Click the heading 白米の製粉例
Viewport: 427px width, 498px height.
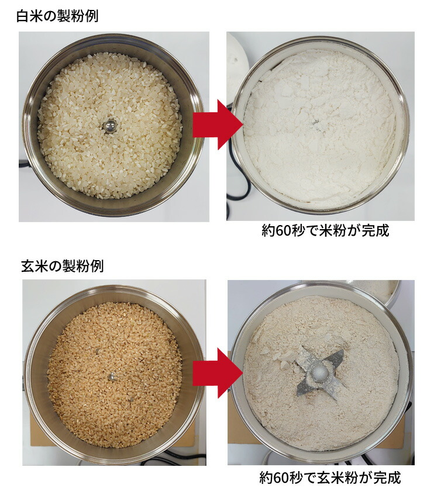[57, 16]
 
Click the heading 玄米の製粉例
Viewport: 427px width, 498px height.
[62, 266]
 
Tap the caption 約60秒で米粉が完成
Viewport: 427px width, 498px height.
[325, 231]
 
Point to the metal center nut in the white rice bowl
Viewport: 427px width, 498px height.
[109, 124]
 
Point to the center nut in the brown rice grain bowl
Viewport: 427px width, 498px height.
[111, 377]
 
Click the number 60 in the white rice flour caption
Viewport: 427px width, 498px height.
[284, 231]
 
